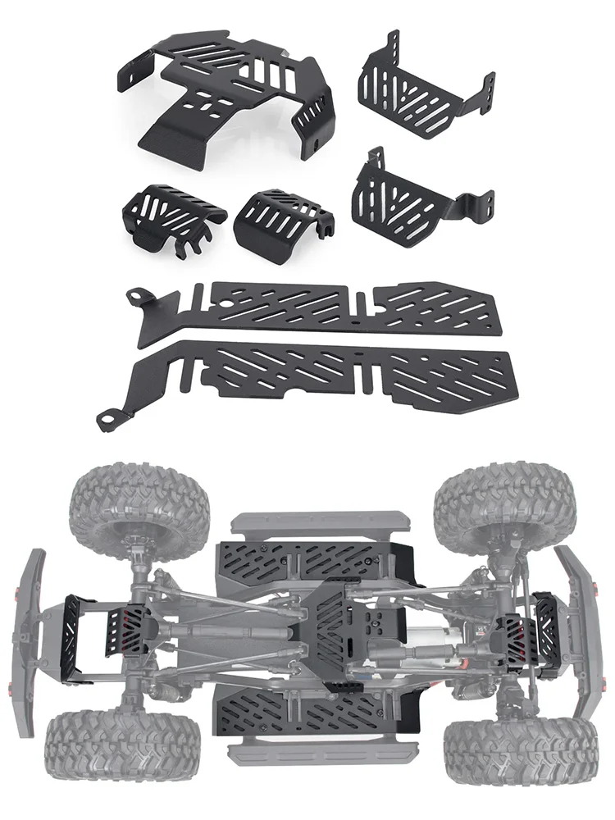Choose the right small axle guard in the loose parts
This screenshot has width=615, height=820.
pos(279,220)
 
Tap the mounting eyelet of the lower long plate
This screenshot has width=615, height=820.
pos(107,420)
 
